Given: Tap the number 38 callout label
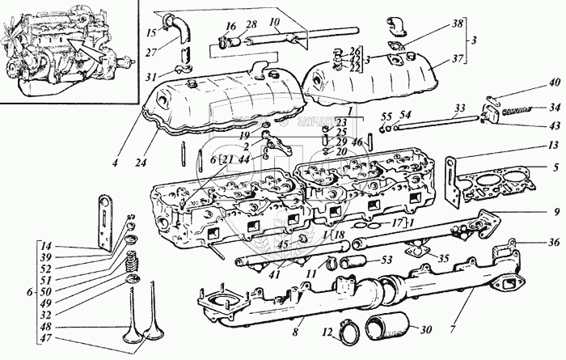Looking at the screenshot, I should point(458,23).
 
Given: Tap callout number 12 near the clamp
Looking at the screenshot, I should point(328,332).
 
